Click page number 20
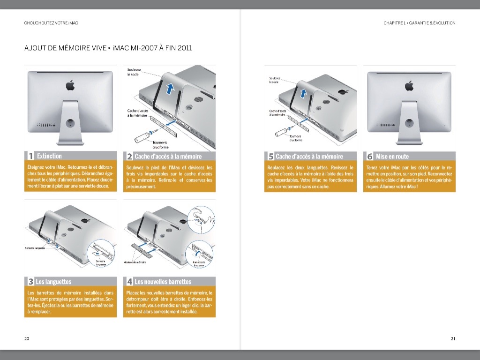(x=27, y=338)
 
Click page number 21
(x=453, y=338)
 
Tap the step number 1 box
(x=30, y=156)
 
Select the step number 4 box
(x=129, y=282)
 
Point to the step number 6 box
(x=369, y=157)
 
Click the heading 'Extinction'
(x=49, y=156)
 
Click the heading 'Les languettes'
(x=53, y=282)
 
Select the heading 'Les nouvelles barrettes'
(x=163, y=282)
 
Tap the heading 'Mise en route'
(x=392, y=157)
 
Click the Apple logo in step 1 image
(x=70, y=85)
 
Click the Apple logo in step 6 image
(x=409, y=86)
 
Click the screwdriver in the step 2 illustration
(x=142, y=136)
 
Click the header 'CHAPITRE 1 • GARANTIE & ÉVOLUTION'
(x=419, y=23)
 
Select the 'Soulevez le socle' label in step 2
(x=134, y=72)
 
